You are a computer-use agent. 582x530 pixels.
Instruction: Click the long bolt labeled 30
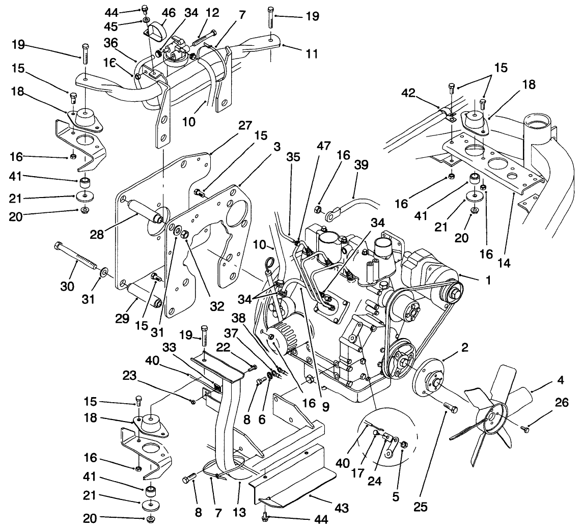77,260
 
